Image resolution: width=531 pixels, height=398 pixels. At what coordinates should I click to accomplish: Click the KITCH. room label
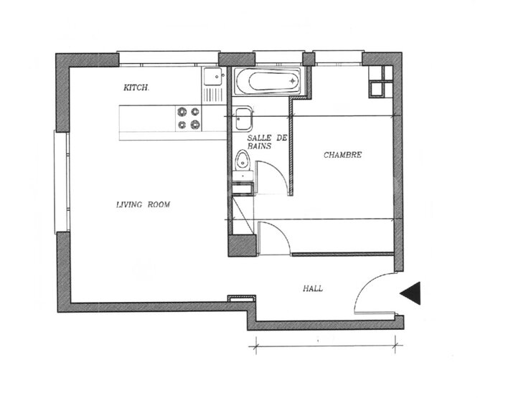coord(136,87)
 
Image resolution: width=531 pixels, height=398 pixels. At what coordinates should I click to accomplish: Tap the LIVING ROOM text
coord(143,204)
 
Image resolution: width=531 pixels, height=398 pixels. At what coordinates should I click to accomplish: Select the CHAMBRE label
coord(342,155)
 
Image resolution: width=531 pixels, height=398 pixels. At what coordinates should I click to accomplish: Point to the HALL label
coord(313,288)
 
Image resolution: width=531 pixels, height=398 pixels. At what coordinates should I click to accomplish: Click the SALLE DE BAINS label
coord(267,142)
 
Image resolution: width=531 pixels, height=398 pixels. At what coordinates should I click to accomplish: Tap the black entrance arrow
coord(410,293)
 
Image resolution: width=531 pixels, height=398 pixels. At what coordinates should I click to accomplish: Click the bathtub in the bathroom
coord(268,81)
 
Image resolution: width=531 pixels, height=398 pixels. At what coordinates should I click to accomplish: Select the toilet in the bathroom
coord(243,164)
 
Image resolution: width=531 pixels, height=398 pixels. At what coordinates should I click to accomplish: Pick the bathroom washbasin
coord(244,119)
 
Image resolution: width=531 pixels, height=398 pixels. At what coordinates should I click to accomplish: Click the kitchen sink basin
coord(213,76)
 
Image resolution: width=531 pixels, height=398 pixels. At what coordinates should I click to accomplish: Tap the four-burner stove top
coord(188,118)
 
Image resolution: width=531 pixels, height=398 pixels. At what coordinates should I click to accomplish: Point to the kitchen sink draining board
coord(213,95)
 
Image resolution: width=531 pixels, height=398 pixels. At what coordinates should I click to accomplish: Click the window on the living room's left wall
coord(61,182)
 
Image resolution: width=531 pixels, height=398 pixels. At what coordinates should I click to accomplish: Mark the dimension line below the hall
coord(326,346)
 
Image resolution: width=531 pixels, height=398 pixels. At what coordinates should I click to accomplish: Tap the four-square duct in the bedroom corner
coord(380,81)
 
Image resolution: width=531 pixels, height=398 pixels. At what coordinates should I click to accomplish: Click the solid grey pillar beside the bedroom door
coord(242,246)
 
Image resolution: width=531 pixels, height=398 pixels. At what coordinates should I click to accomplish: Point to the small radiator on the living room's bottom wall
coord(241,298)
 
